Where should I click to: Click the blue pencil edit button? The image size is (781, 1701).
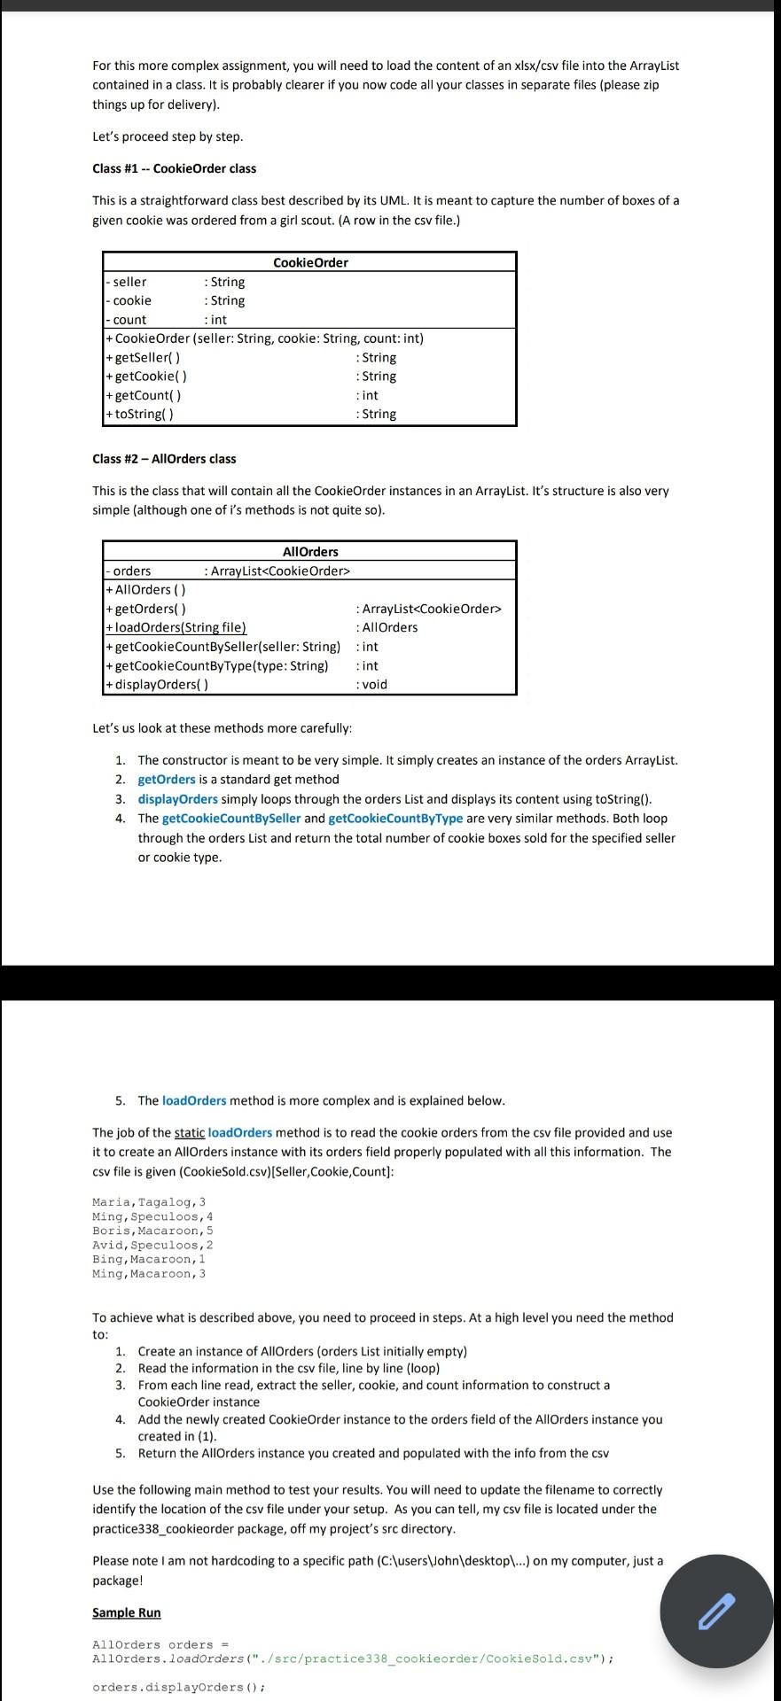tap(716, 1611)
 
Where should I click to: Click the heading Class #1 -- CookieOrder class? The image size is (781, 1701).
tap(174, 168)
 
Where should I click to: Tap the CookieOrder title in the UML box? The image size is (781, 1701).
tap(310, 262)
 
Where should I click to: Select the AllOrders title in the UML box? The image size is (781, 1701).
tap(310, 551)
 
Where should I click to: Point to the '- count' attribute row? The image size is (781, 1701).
tap(129, 320)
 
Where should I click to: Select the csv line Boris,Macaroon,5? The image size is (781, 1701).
tap(152, 1231)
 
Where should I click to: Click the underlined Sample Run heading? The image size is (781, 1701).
tap(127, 1612)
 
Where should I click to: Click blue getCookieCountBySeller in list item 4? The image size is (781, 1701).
tap(231, 819)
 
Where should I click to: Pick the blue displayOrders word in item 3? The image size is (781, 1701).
tap(177, 799)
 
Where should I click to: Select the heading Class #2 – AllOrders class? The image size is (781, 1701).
tap(164, 459)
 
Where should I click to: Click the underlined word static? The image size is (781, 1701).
tap(190, 1132)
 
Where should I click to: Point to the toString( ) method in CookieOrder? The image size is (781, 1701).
tap(144, 414)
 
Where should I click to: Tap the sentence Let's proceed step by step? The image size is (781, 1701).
tap(168, 136)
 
